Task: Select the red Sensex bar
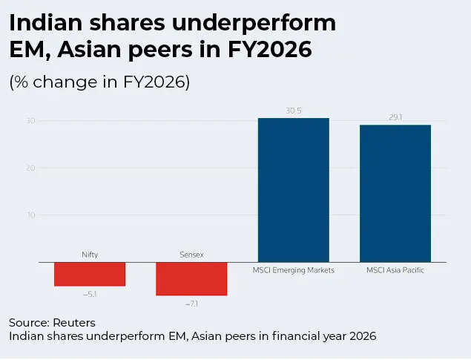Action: coord(191,279)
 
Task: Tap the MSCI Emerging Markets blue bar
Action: coord(293,190)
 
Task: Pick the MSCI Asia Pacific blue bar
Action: coord(395,193)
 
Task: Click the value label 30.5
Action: coord(294,111)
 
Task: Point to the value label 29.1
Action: coord(395,117)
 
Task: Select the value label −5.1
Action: coord(90,294)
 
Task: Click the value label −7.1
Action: coord(191,304)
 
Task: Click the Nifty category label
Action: coord(90,255)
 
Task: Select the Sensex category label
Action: coord(191,255)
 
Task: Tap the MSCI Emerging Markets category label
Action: coord(294,270)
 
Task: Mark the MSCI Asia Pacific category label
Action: coord(395,270)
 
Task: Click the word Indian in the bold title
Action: coord(47,24)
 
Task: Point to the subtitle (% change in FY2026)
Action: coord(99,82)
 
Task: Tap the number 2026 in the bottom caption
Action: coord(361,336)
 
